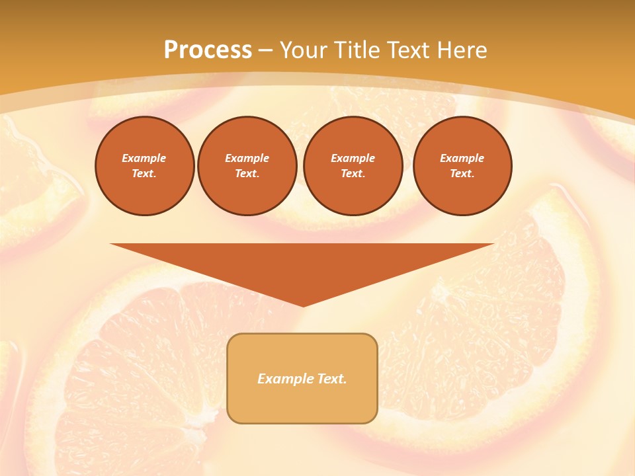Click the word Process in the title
click(x=208, y=50)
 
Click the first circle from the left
click(x=145, y=166)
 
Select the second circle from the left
click(x=247, y=166)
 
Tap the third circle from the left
click(x=353, y=166)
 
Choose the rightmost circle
click(x=462, y=166)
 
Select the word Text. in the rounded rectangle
click(x=332, y=379)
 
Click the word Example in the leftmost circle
click(x=144, y=158)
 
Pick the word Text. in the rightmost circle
click(x=462, y=174)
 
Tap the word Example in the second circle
click(x=247, y=158)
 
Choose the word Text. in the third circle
click(x=353, y=174)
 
